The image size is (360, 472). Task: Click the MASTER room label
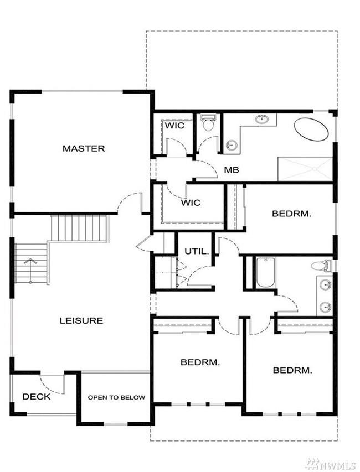click(x=84, y=148)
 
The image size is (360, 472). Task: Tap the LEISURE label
click(x=81, y=320)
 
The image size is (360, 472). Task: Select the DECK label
click(x=37, y=397)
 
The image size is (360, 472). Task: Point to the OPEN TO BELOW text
click(x=116, y=398)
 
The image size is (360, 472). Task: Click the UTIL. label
click(x=197, y=251)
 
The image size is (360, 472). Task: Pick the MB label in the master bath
click(x=232, y=170)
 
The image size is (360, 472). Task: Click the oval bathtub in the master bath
click(x=311, y=129)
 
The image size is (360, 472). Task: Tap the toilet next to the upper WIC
click(x=208, y=122)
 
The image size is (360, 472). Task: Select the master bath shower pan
click(x=305, y=169)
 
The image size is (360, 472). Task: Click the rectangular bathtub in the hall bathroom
click(x=266, y=272)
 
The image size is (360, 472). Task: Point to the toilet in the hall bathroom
click(x=322, y=266)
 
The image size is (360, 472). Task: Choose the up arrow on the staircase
click(x=30, y=271)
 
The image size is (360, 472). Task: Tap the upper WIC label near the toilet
click(x=174, y=126)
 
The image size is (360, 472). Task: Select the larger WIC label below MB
click(x=191, y=203)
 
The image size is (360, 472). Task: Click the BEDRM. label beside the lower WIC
click(x=292, y=214)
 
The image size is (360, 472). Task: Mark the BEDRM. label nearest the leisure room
click(x=200, y=362)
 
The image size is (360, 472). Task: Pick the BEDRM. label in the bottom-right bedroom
click(x=292, y=370)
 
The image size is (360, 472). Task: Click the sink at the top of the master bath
click(x=262, y=119)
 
